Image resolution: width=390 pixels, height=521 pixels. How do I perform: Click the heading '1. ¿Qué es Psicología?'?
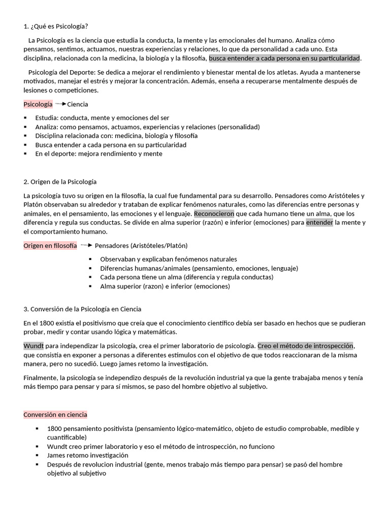click(59, 26)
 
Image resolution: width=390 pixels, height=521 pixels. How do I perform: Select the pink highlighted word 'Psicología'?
click(38, 104)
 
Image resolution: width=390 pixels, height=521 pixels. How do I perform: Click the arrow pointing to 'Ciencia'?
click(60, 104)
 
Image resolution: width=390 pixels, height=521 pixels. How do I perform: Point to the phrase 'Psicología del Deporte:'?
click(62, 72)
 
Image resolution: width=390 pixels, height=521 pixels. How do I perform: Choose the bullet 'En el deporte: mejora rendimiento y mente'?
click(99, 154)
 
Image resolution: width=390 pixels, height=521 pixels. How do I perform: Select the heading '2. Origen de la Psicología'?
click(60, 182)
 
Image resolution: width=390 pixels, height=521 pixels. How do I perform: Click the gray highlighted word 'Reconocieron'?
click(214, 214)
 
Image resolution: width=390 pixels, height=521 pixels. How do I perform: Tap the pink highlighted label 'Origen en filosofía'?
click(50, 246)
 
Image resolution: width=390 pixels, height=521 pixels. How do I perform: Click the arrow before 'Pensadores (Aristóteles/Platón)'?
click(86, 245)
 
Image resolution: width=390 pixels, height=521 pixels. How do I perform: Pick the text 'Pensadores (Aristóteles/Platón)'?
click(141, 246)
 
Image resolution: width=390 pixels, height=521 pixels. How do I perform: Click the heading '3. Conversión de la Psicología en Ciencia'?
click(82, 309)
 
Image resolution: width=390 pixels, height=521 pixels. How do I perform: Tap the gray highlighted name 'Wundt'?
click(34, 346)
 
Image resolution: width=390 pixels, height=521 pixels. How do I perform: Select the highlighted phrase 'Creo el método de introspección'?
click(305, 346)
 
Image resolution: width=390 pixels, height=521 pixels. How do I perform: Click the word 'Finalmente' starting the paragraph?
click(40, 378)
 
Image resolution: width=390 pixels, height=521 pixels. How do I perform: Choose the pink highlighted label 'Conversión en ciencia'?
click(55, 415)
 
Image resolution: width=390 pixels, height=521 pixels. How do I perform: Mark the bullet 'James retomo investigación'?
click(87, 455)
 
